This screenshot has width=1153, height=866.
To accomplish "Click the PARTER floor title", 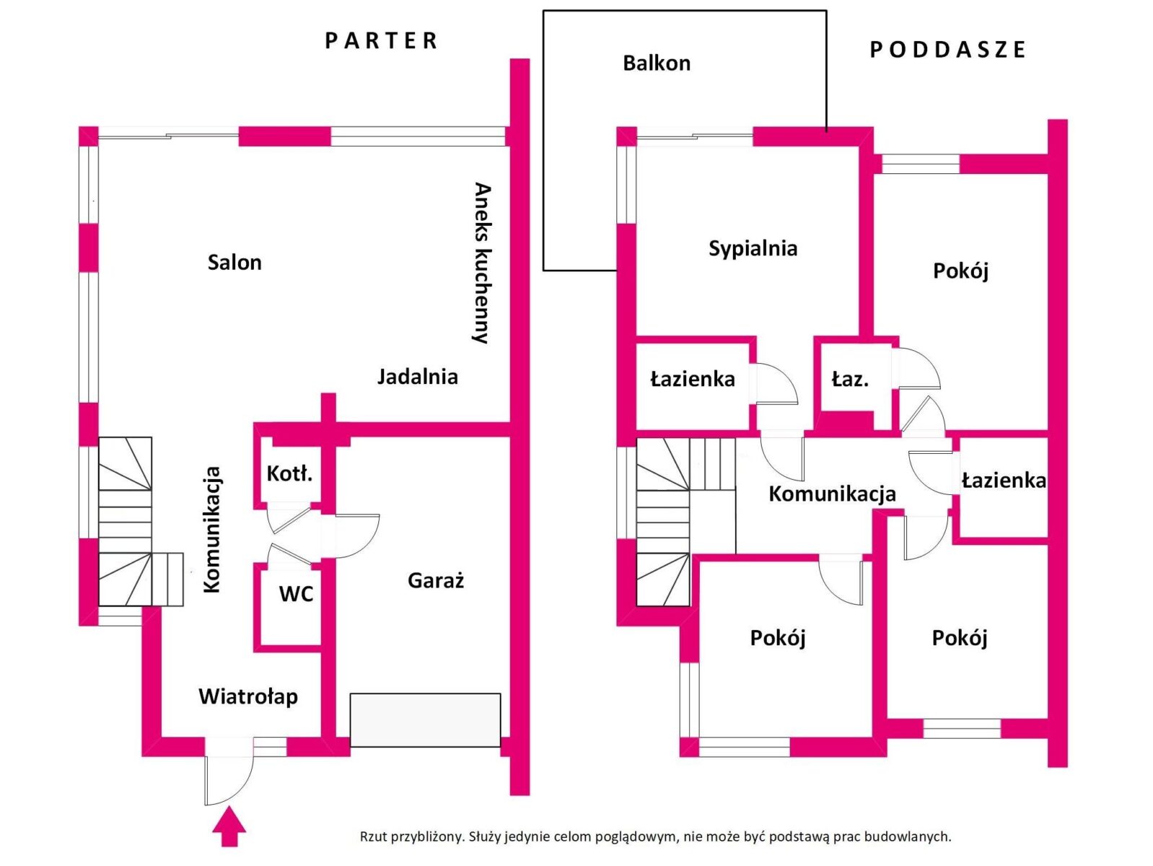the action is click(381, 40).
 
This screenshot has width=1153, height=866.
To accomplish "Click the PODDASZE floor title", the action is click(947, 49).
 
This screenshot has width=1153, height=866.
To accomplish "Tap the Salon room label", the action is click(234, 262).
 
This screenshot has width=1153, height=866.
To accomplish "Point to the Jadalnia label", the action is click(418, 377).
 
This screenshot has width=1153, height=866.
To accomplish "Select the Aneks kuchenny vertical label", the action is click(482, 263).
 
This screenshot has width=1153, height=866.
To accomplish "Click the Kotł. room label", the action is click(289, 473).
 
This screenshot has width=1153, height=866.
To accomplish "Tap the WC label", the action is click(296, 594).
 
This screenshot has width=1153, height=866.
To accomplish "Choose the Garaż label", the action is click(436, 580).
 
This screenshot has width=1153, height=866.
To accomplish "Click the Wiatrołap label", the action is click(248, 696).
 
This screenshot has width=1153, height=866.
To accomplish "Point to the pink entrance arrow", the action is click(229, 826).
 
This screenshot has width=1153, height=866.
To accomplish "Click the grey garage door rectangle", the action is click(425, 720).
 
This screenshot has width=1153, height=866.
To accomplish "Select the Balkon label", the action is click(657, 63).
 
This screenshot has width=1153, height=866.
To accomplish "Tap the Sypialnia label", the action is click(753, 248).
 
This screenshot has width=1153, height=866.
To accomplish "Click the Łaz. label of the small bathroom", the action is click(850, 379).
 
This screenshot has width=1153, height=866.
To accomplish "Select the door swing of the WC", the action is click(289, 553).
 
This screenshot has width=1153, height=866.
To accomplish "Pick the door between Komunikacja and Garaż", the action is click(351, 535).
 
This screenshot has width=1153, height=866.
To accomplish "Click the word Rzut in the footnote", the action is click(372, 836).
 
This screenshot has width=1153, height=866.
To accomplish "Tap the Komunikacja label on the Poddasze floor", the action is click(832, 494).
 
